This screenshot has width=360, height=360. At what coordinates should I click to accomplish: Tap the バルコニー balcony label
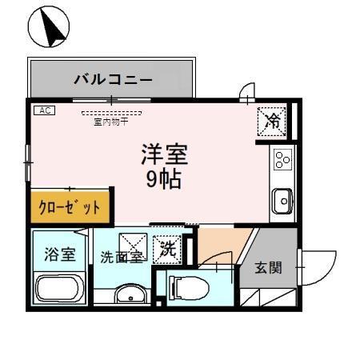113,80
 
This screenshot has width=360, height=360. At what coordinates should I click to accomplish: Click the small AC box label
43,110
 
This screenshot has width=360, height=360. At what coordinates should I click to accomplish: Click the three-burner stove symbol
282,160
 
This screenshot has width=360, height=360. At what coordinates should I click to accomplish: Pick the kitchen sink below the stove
282,200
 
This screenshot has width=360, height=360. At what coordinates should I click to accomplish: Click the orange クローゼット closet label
70,207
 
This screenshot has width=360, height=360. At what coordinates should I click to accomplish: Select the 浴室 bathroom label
60,254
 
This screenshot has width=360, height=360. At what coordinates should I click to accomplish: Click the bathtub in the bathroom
60,289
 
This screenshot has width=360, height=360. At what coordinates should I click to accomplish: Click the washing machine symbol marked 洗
169,249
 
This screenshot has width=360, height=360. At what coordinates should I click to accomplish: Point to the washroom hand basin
130,294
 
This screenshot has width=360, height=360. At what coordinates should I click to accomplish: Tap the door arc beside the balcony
246,93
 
